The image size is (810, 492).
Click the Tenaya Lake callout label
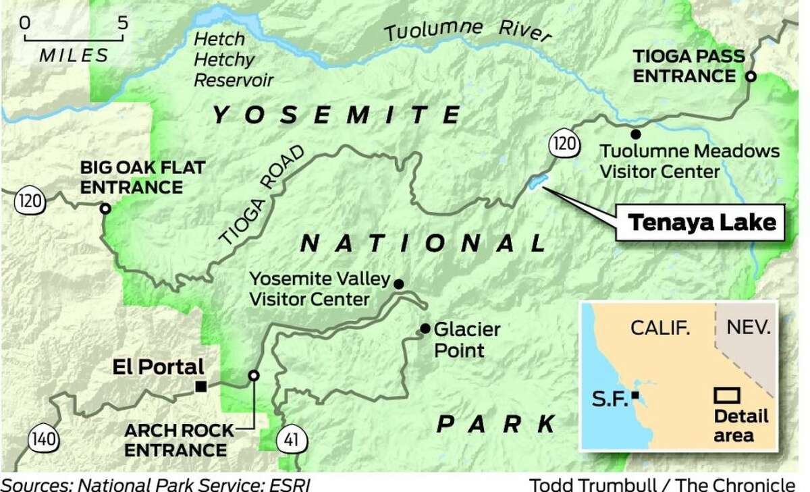(x=701, y=223)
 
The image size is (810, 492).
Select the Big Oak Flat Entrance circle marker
(x=105, y=209)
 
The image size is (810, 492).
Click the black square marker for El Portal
(x=200, y=386)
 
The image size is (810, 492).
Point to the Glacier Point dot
(x=425, y=329)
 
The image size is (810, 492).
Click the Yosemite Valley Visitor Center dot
(x=398, y=284)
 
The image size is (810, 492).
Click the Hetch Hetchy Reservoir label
(x=233, y=61)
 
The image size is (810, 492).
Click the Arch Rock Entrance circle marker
(x=253, y=375)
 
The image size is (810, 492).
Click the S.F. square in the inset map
(x=637, y=395)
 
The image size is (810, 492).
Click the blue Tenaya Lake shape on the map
(x=539, y=182)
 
